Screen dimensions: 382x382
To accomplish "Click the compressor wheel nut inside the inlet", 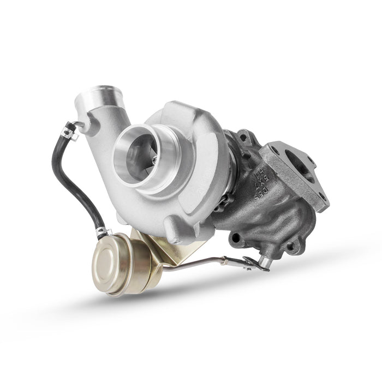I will [154, 159].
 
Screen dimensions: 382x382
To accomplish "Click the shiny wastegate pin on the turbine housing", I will [265, 264].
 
